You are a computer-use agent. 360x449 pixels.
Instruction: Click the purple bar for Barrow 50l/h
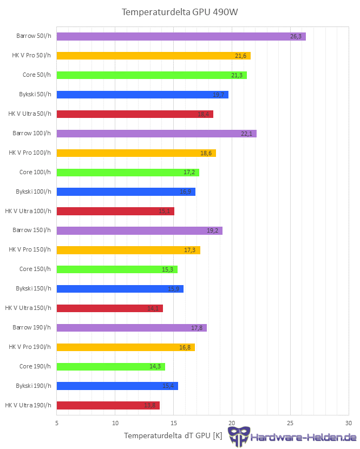click(181, 36)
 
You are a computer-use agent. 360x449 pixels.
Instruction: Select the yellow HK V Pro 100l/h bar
click(136, 153)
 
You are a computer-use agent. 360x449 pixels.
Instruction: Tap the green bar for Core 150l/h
click(117, 269)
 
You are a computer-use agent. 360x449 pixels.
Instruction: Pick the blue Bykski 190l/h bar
click(117, 386)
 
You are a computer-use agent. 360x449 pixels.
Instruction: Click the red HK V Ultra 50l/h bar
click(135, 114)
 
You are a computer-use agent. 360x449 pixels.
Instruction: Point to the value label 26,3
click(296, 36)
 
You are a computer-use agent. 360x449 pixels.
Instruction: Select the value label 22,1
click(247, 134)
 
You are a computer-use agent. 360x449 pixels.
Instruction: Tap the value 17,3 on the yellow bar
click(191, 250)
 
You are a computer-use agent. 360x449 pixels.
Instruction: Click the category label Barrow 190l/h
click(31, 327)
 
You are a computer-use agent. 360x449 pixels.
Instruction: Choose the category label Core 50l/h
click(35, 75)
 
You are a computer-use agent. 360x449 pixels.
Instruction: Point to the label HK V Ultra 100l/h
click(28, 211)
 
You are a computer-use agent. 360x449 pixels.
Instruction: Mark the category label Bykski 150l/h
click(33, 288)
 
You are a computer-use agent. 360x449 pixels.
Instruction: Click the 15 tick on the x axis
click(174, 422)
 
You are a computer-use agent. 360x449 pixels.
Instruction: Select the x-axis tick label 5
click(57, 422)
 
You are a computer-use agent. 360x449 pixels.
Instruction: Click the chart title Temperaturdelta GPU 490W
click(180, 12)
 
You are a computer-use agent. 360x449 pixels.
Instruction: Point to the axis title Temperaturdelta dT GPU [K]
click(173, 435)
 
